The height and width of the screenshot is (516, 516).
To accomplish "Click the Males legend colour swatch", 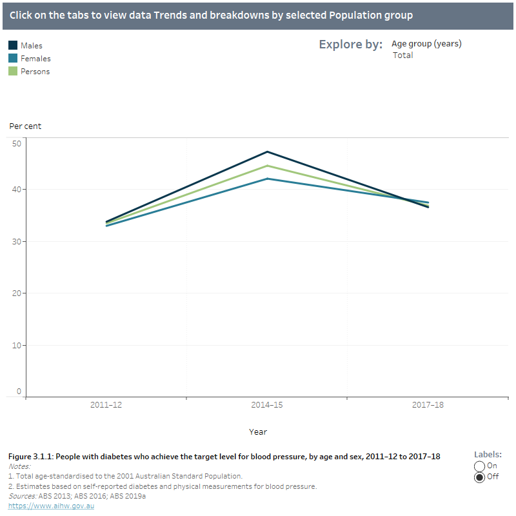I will pos(13,46).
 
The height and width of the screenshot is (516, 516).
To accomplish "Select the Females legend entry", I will pos(35,59).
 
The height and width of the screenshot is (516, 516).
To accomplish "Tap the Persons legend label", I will pos(35,72).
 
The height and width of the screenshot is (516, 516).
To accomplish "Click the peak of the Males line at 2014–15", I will pos(267,152).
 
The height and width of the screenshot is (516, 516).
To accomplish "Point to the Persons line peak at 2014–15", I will pos(267,166).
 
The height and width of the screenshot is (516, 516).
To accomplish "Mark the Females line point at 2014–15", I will pos(267,179).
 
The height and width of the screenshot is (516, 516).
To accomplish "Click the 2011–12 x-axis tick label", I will pos(106,406).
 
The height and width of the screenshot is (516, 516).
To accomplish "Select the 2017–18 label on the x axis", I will pos(428,406).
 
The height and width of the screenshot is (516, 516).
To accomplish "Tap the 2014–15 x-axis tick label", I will pos(267,406).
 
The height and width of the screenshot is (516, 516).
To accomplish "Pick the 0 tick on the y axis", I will pos(19,392).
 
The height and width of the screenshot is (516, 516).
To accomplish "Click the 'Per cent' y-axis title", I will pos(25,126).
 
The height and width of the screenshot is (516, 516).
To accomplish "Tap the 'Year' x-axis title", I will pos(258,432).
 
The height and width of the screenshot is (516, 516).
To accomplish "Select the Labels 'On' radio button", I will pos(479,466).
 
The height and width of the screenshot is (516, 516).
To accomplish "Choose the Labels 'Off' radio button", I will pos(479,477).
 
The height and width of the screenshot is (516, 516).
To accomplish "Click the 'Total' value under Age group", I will pos(402,55).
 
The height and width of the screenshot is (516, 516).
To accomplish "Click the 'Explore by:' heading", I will pos(350,45).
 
